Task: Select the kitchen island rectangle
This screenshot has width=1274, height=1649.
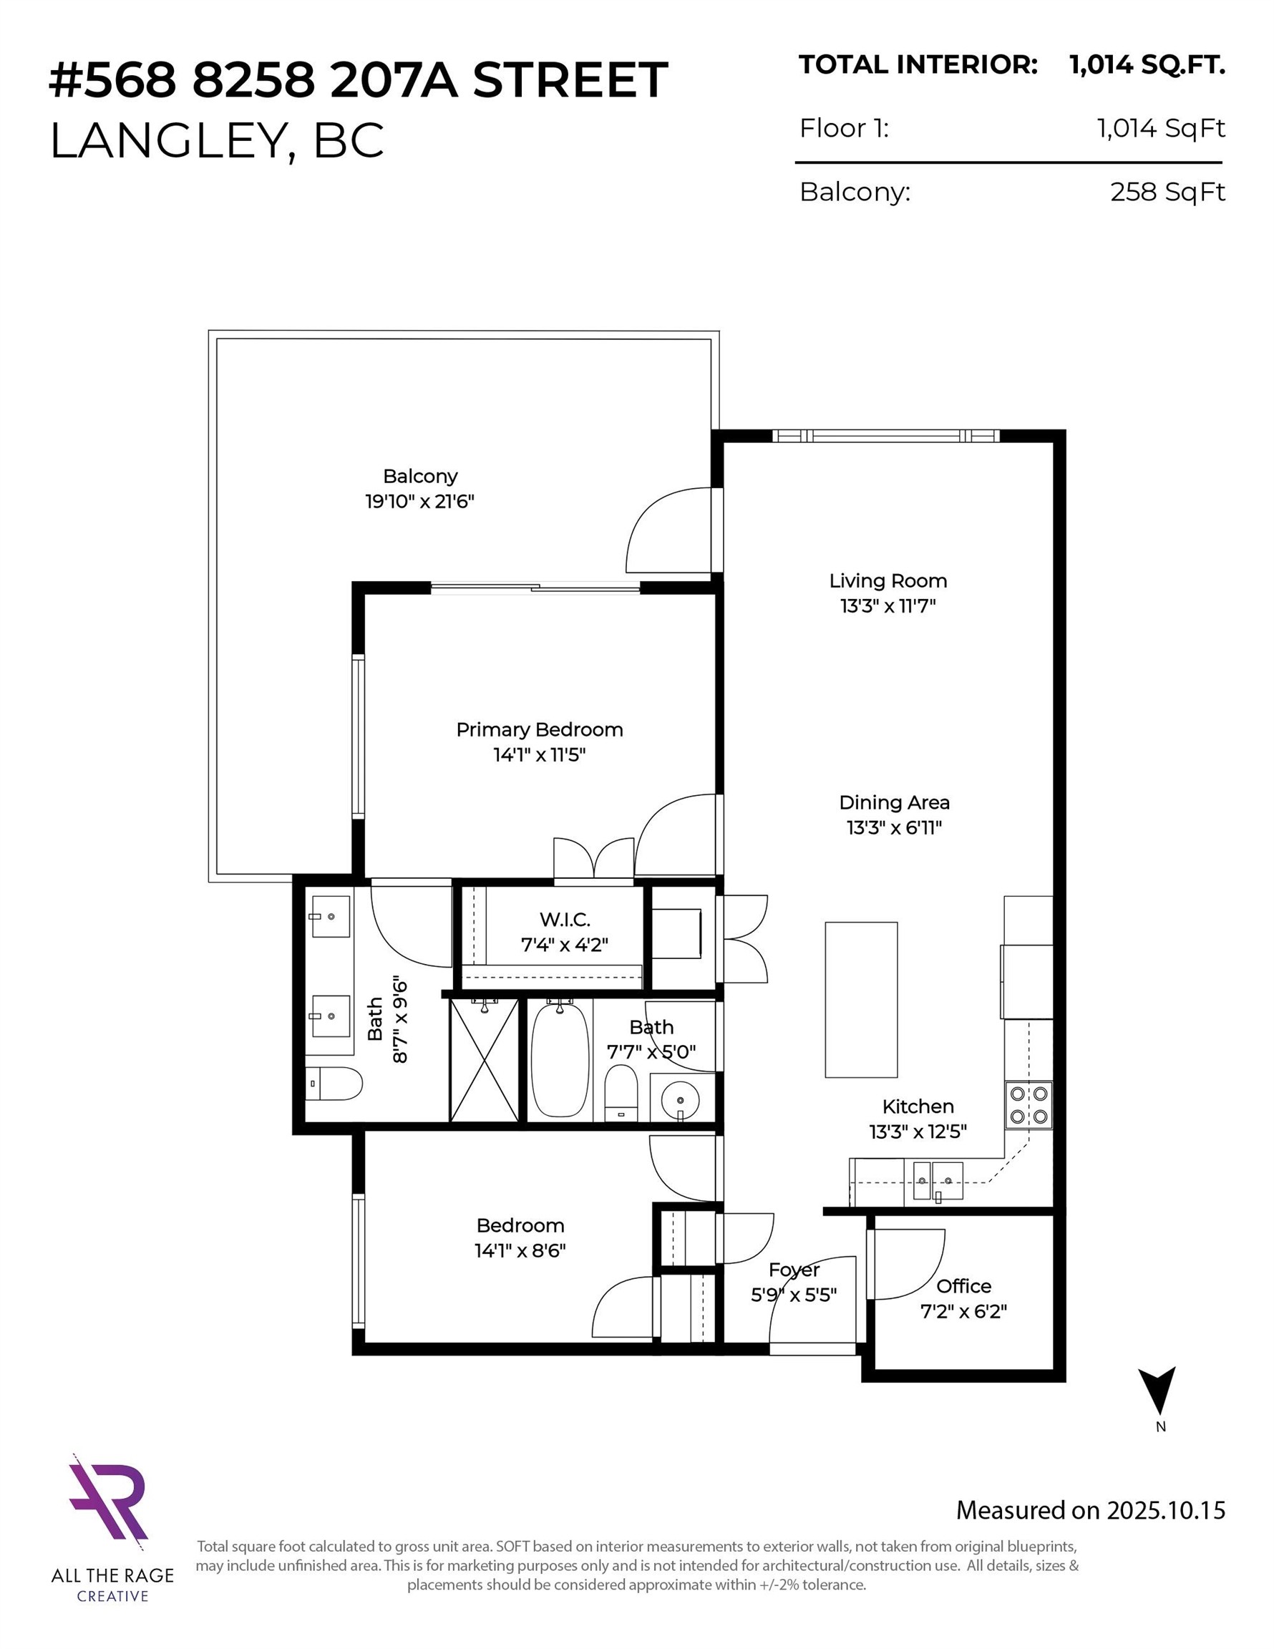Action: (x=861, y=999)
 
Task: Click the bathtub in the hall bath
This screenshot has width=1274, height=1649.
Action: (x=560, y=1061)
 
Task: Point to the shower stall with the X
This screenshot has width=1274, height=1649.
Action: (x=484, y=1059)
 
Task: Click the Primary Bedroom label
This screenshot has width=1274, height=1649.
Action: (x=539, y=729)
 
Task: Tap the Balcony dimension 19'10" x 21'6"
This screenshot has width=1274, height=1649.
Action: (x=420, y=501)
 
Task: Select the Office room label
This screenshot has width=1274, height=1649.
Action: (x=963, y=1286)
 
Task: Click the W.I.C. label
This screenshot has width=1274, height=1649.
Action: (x=565, y=919)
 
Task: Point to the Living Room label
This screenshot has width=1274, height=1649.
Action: (x=888, y=580)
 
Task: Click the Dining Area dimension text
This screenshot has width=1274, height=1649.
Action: (x=894, y=827)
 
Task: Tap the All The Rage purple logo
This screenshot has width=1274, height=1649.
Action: (x=110, y=1499)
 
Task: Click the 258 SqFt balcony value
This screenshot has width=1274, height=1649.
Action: (x=1167, y=192)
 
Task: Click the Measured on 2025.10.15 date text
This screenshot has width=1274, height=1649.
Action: (x=1090, y=1510)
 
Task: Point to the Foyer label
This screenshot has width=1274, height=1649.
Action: (x=794, y=1270)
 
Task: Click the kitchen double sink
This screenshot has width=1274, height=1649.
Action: (x=938, y=1181)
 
